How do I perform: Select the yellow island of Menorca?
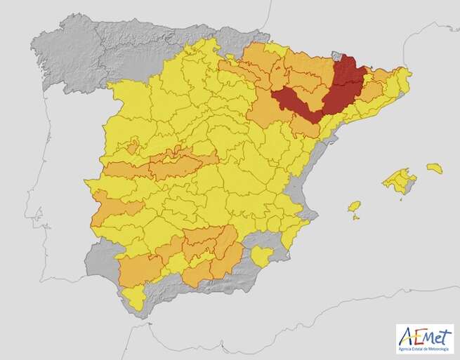click(x=435, y=168)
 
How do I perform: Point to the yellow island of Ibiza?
click(x=355, y=206)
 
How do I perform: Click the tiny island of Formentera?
click(x=356, y=218)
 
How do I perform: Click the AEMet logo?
click(x=424, y=338)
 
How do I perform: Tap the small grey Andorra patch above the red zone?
click(x=335, y=55)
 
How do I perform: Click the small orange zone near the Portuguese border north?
click(x=131, y=147)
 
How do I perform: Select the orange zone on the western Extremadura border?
click(x=112, y=207)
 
